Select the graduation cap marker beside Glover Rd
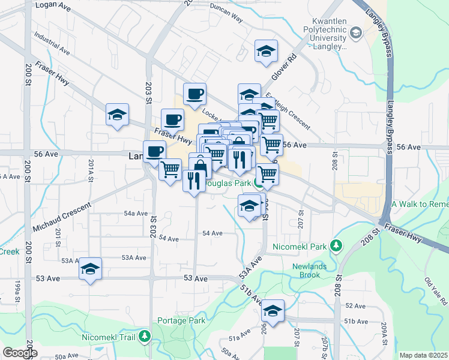266,52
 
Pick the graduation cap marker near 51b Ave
273,311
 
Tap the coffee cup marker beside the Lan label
154,151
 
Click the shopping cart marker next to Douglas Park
267,175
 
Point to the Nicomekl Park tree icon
337,246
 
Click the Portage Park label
181,320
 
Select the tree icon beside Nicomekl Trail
144,337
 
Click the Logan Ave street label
53,5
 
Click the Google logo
19,353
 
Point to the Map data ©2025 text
423,355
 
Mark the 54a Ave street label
136,214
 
